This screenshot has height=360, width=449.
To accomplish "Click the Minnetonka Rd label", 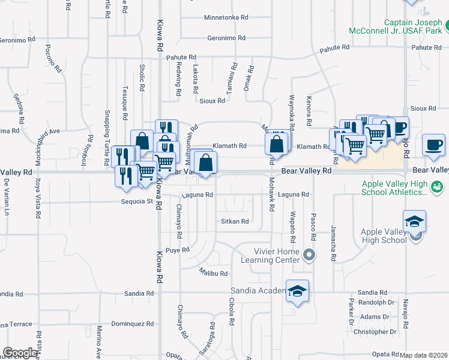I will [226, 17].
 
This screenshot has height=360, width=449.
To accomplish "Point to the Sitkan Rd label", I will [235, 221].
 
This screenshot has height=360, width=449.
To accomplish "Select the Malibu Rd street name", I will [214, 274].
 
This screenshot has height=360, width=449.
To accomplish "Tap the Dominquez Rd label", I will [133, 323].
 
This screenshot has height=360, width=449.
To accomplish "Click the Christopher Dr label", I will [375, 331].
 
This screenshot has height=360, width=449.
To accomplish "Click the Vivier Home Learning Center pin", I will [309, 255].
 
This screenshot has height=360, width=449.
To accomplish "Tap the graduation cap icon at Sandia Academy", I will [297, 291].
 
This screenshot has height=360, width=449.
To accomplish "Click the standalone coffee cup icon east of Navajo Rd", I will [433, 145].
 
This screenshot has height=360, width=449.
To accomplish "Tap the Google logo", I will [20, 353].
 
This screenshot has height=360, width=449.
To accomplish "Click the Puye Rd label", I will [178, 250].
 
